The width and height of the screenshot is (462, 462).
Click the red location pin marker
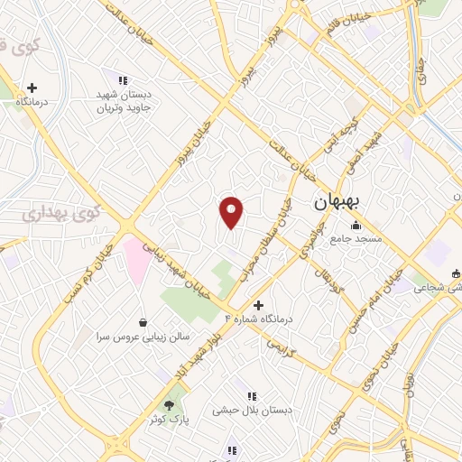232,212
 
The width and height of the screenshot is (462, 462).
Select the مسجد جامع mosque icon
356,225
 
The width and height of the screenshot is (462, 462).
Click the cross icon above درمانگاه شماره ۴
259,305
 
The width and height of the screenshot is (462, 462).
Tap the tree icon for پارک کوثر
169,406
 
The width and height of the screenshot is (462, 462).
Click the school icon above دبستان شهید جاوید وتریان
123,80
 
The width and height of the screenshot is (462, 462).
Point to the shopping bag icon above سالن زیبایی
143,321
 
